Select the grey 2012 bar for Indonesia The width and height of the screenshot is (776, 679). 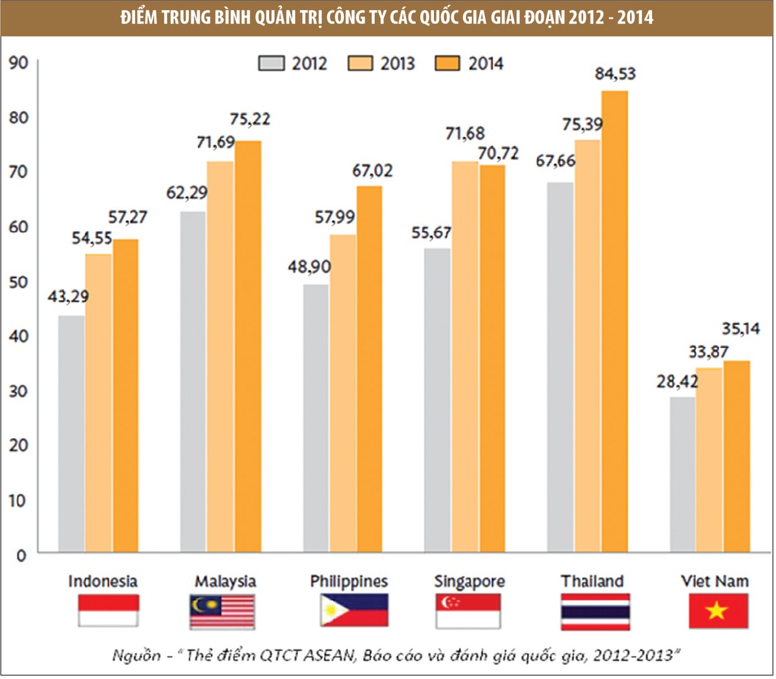pyautogui.click(x=71, y=434)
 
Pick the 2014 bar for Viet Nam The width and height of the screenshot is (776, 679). pyautogui.click(x=737, y=456)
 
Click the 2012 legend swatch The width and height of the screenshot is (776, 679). pyautogui.click(x=271, y=63)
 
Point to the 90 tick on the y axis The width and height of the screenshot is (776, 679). pyautogui.click(x=18, y=63)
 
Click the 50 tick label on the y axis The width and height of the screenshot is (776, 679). pyautogui.click(x=18, y=282)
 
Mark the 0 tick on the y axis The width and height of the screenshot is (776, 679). pyautogui.click(x=21, y=555)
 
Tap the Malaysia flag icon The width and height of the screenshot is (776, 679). pyautogui.click(x=222, y=611)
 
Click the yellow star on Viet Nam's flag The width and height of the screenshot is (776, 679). pyautogui.click(x=717, y=611)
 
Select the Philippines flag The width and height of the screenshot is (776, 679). pyautogui.click(x=354, y=611)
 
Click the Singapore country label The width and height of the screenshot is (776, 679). pyautogui.click(x=469, y=581)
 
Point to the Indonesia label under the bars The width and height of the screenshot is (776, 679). pyautogui.click(x=103, y=581)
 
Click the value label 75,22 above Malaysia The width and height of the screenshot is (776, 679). pyautogui.click(x=250, y=120)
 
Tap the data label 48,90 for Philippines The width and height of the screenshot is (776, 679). pyautogui.click(x=309, y=266)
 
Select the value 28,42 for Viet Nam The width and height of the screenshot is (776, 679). pyautogui.click(x=677, y=381)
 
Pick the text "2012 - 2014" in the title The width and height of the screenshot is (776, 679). pyautogui.click(x=611, y=17)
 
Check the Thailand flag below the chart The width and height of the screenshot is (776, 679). pyautogui.click(x=595, y=611)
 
